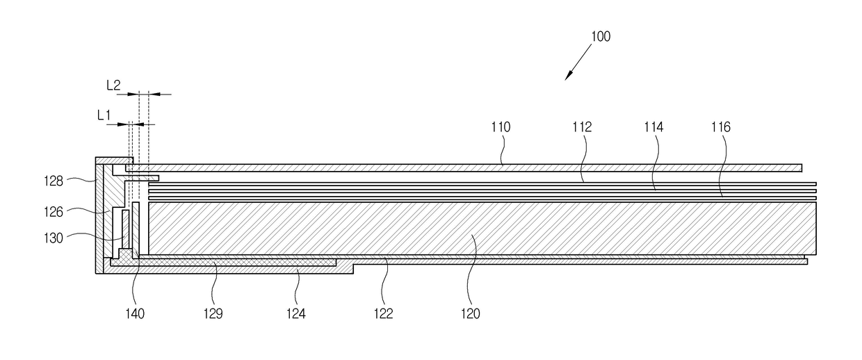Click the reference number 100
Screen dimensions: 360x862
point(601,36)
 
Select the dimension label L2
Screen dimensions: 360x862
point(113,85)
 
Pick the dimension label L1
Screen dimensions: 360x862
point(104,115)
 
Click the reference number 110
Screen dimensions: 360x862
point(500,127)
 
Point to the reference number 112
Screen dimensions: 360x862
point(582,127)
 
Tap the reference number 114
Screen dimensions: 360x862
point(653,127)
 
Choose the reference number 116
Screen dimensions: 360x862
point(721,127)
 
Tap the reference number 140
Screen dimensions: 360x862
point(135,314)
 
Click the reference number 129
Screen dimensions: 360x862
point(213,314)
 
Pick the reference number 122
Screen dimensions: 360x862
point(383,314)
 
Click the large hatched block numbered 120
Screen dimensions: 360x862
point(480,228)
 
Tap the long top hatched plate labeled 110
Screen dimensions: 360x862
point(459,167)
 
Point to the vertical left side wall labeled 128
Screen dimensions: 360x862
point(99,215)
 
